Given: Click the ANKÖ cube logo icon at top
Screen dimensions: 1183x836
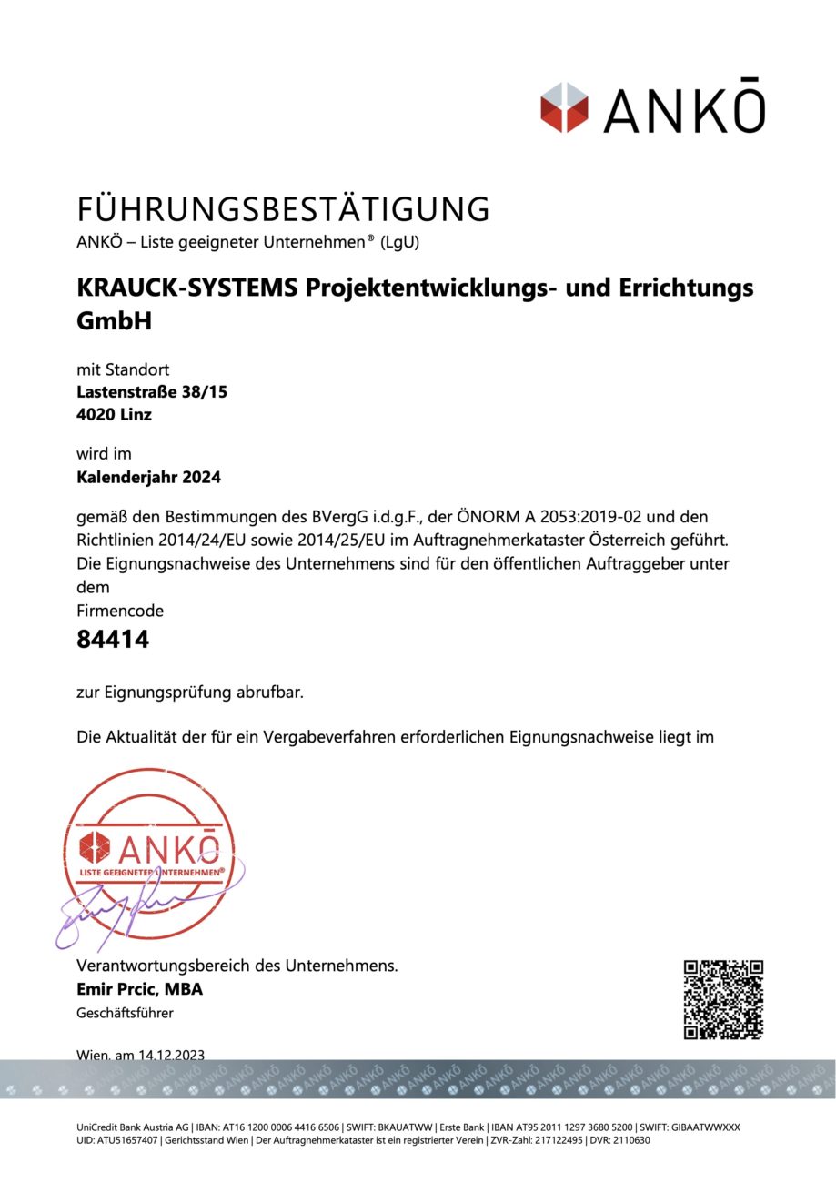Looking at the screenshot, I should click(564, 107).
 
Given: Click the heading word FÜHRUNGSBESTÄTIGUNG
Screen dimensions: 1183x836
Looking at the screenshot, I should click(283, 209).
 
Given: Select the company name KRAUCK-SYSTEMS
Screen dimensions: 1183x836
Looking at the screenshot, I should click(186, 288).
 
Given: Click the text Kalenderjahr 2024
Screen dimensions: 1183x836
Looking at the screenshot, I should click(148, 476).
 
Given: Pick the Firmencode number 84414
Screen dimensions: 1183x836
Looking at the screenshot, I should click(113, 640).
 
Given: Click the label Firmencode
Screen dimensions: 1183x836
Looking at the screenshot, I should click(120, 611).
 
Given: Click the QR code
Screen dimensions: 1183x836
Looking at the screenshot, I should click(723, 999).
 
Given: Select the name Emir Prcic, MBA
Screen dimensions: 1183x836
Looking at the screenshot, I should click(139, 989).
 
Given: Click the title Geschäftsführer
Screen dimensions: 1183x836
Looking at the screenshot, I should click(125, 1013).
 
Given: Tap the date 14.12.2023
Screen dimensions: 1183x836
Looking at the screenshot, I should click(172, 1055).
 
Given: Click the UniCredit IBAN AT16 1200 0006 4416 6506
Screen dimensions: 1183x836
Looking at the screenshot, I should click(282, 1127).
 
